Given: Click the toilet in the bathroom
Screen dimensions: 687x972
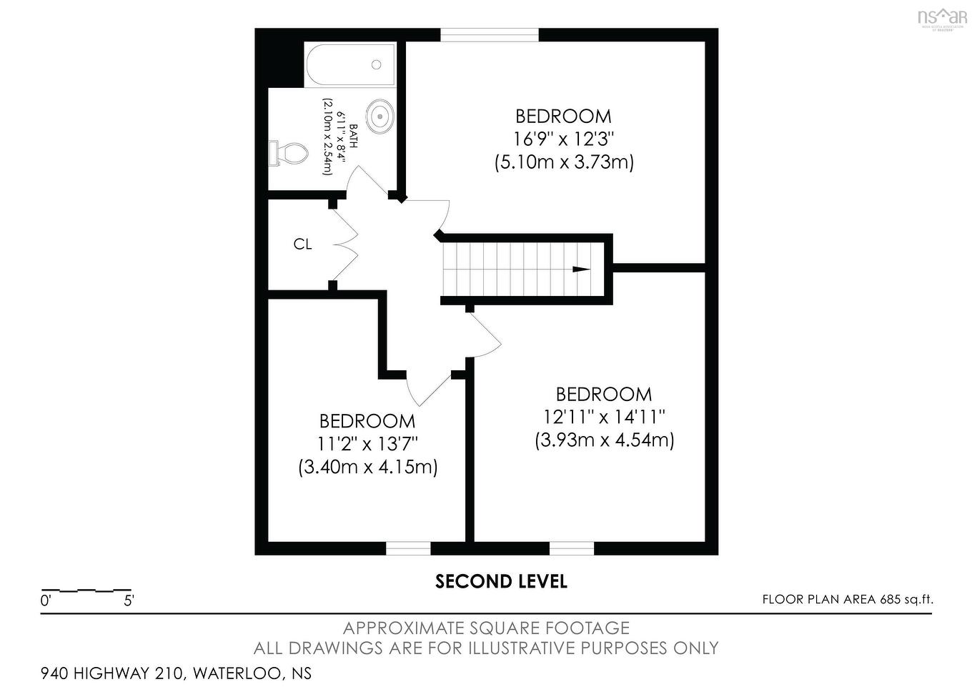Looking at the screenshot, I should tap(289, 153).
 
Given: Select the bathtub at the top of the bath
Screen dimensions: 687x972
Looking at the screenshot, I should tap(350, 65).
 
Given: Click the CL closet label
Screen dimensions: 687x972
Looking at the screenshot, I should tap(302, 244).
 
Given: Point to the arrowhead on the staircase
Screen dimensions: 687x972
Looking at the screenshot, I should tap(581, 270).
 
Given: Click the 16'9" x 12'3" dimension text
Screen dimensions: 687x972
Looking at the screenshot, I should tap(564, 139).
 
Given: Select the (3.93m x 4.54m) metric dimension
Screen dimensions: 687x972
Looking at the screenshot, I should tap(604, 440).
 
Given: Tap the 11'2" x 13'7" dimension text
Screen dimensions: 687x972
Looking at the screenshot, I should tap(367, 444).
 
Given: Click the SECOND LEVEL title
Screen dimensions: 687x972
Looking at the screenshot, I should tap(501, 582).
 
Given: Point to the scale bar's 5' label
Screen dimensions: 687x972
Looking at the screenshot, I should tap(129, 601).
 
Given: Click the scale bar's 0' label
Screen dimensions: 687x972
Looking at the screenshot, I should tap(46, 601).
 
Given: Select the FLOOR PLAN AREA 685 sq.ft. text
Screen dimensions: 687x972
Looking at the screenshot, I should tap(847, 600).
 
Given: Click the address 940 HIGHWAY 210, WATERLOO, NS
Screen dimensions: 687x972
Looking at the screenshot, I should tap(176, 673).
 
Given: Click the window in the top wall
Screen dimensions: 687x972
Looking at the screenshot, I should tap(489, 35).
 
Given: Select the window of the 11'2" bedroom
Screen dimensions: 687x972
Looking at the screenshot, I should tap(408, 548).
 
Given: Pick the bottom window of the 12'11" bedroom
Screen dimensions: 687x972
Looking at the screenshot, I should tap(572, 548).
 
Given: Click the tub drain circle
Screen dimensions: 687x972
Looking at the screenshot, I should tap(376, 65).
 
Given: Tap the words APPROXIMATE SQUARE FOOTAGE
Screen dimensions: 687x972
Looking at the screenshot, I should tap(486, 628).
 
